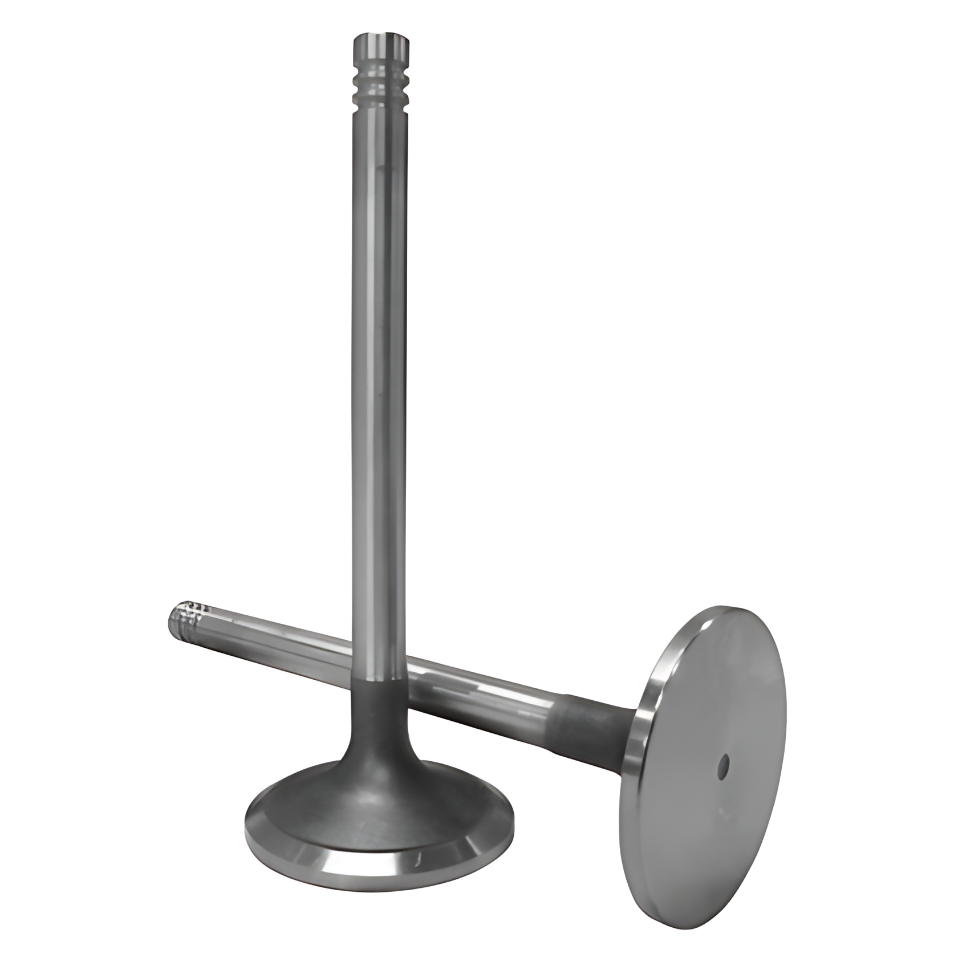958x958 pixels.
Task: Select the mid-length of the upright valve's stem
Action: (x=380, y=371)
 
